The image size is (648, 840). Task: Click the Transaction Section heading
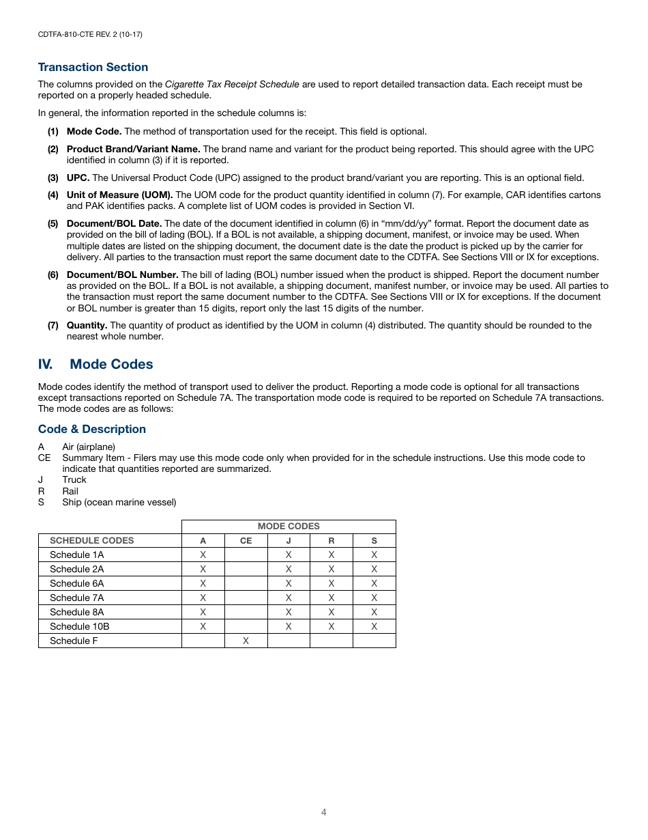(93, 67)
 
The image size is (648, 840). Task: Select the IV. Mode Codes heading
(95, 364)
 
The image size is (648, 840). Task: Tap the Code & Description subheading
(92, 429)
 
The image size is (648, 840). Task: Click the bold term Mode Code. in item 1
(94, 131)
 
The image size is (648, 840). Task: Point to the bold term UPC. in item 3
(78, 178)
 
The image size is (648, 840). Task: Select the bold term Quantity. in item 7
(87, 325)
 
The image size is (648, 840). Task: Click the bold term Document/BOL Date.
(114, 223)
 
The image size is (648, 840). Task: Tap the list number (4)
(53, 195)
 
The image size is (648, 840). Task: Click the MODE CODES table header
(288, 526)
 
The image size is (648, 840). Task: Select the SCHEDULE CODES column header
(91, 540)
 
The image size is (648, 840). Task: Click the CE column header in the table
(246, 540)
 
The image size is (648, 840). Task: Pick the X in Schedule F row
(246, 641)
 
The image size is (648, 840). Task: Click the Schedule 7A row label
(76, 598)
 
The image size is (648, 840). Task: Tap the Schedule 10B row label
(79, 626)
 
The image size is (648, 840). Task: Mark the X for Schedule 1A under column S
(374, 555)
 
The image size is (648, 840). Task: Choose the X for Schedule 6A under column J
(289, 583)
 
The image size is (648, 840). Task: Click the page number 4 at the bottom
(324, 812)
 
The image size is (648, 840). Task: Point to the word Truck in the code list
(74, 479)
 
